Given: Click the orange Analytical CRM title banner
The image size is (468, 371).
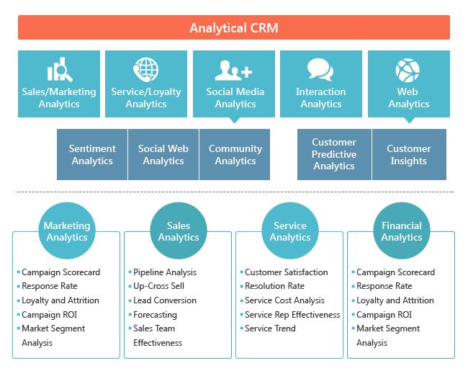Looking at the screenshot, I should pos(234,28).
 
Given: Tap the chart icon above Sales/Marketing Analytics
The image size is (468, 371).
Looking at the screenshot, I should pos(58,71).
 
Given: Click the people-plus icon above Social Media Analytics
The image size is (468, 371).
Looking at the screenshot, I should pos(234,71).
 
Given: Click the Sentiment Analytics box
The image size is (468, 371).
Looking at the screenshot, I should pos(92,155).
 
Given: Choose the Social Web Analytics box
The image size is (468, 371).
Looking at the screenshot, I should pos(163,155).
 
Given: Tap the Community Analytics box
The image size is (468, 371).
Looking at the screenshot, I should pos(235,155).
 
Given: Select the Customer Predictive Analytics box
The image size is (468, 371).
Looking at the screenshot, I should pos(334,154).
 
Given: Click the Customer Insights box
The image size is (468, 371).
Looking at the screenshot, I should pos(408,154).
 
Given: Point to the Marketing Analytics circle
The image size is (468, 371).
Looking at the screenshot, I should pos(67,231).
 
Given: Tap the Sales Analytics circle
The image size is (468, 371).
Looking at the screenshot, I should pos(179,231).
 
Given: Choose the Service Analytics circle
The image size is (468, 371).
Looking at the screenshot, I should pos(290,231).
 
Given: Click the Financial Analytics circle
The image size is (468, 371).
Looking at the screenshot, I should pos(402,231).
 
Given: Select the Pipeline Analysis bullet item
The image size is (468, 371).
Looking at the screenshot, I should pos(164,272).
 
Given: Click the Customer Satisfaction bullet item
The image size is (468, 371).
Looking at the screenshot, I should pos(286,272).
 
